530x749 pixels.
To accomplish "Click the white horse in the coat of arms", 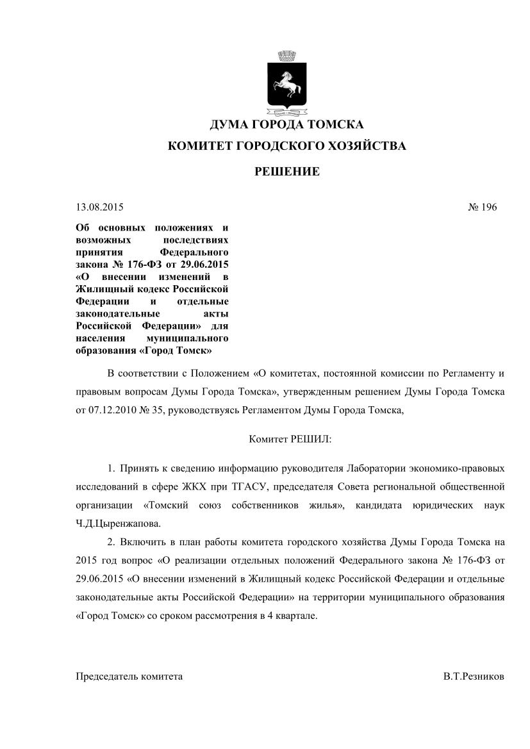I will click(286, 82).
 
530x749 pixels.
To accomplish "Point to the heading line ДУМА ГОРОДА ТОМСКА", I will click(286, 124).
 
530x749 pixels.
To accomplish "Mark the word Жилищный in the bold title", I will click(104, 289).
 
